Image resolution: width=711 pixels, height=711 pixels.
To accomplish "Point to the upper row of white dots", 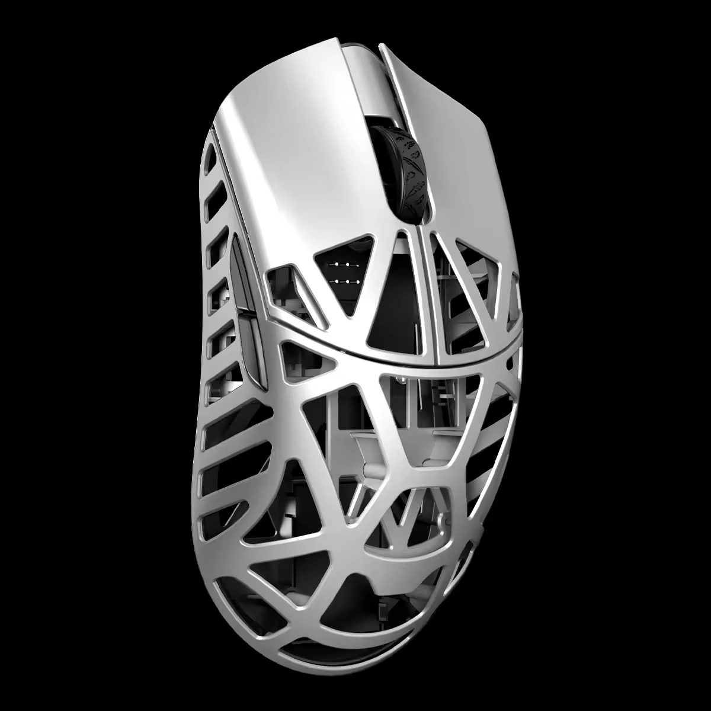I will (342, 264).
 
